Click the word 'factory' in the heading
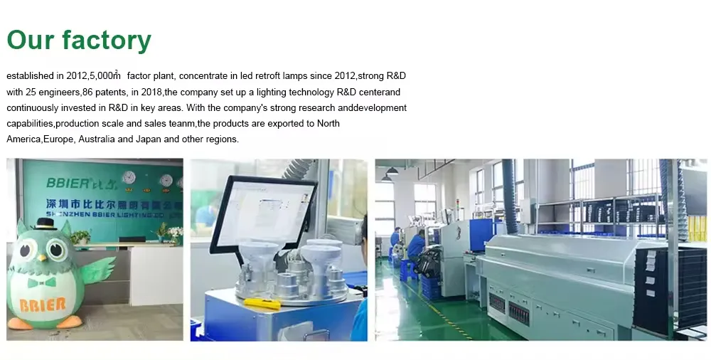[106, 41]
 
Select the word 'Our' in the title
[30, 41]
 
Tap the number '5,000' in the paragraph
[104, 75]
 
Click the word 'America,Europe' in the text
[40, 139]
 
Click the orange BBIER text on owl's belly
[43, 305]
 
